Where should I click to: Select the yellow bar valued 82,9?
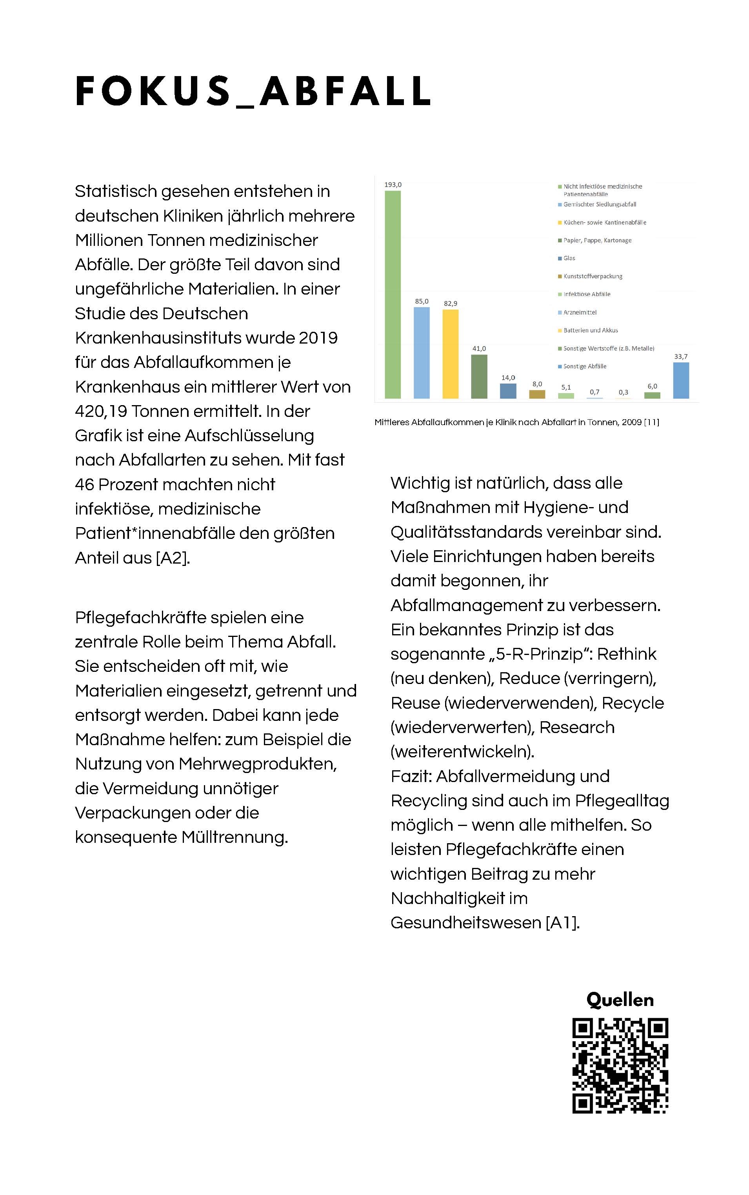pos(450,354)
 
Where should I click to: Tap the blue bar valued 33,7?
pos(681,380)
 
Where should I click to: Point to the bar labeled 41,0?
pos(479,377)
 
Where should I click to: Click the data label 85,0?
pos(422,301)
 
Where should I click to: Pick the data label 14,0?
pos(508,378)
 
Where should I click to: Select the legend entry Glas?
pos(569,258)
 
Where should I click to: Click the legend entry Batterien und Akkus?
pos(591,331)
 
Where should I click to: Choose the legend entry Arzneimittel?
pos(580,313)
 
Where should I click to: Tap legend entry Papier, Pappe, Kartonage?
pos(597,240)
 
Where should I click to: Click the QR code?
pos(620,1066)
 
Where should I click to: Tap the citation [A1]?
pos(562,922)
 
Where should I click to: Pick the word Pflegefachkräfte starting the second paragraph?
pos(140,618)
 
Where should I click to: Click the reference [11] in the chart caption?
pos(651,422)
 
